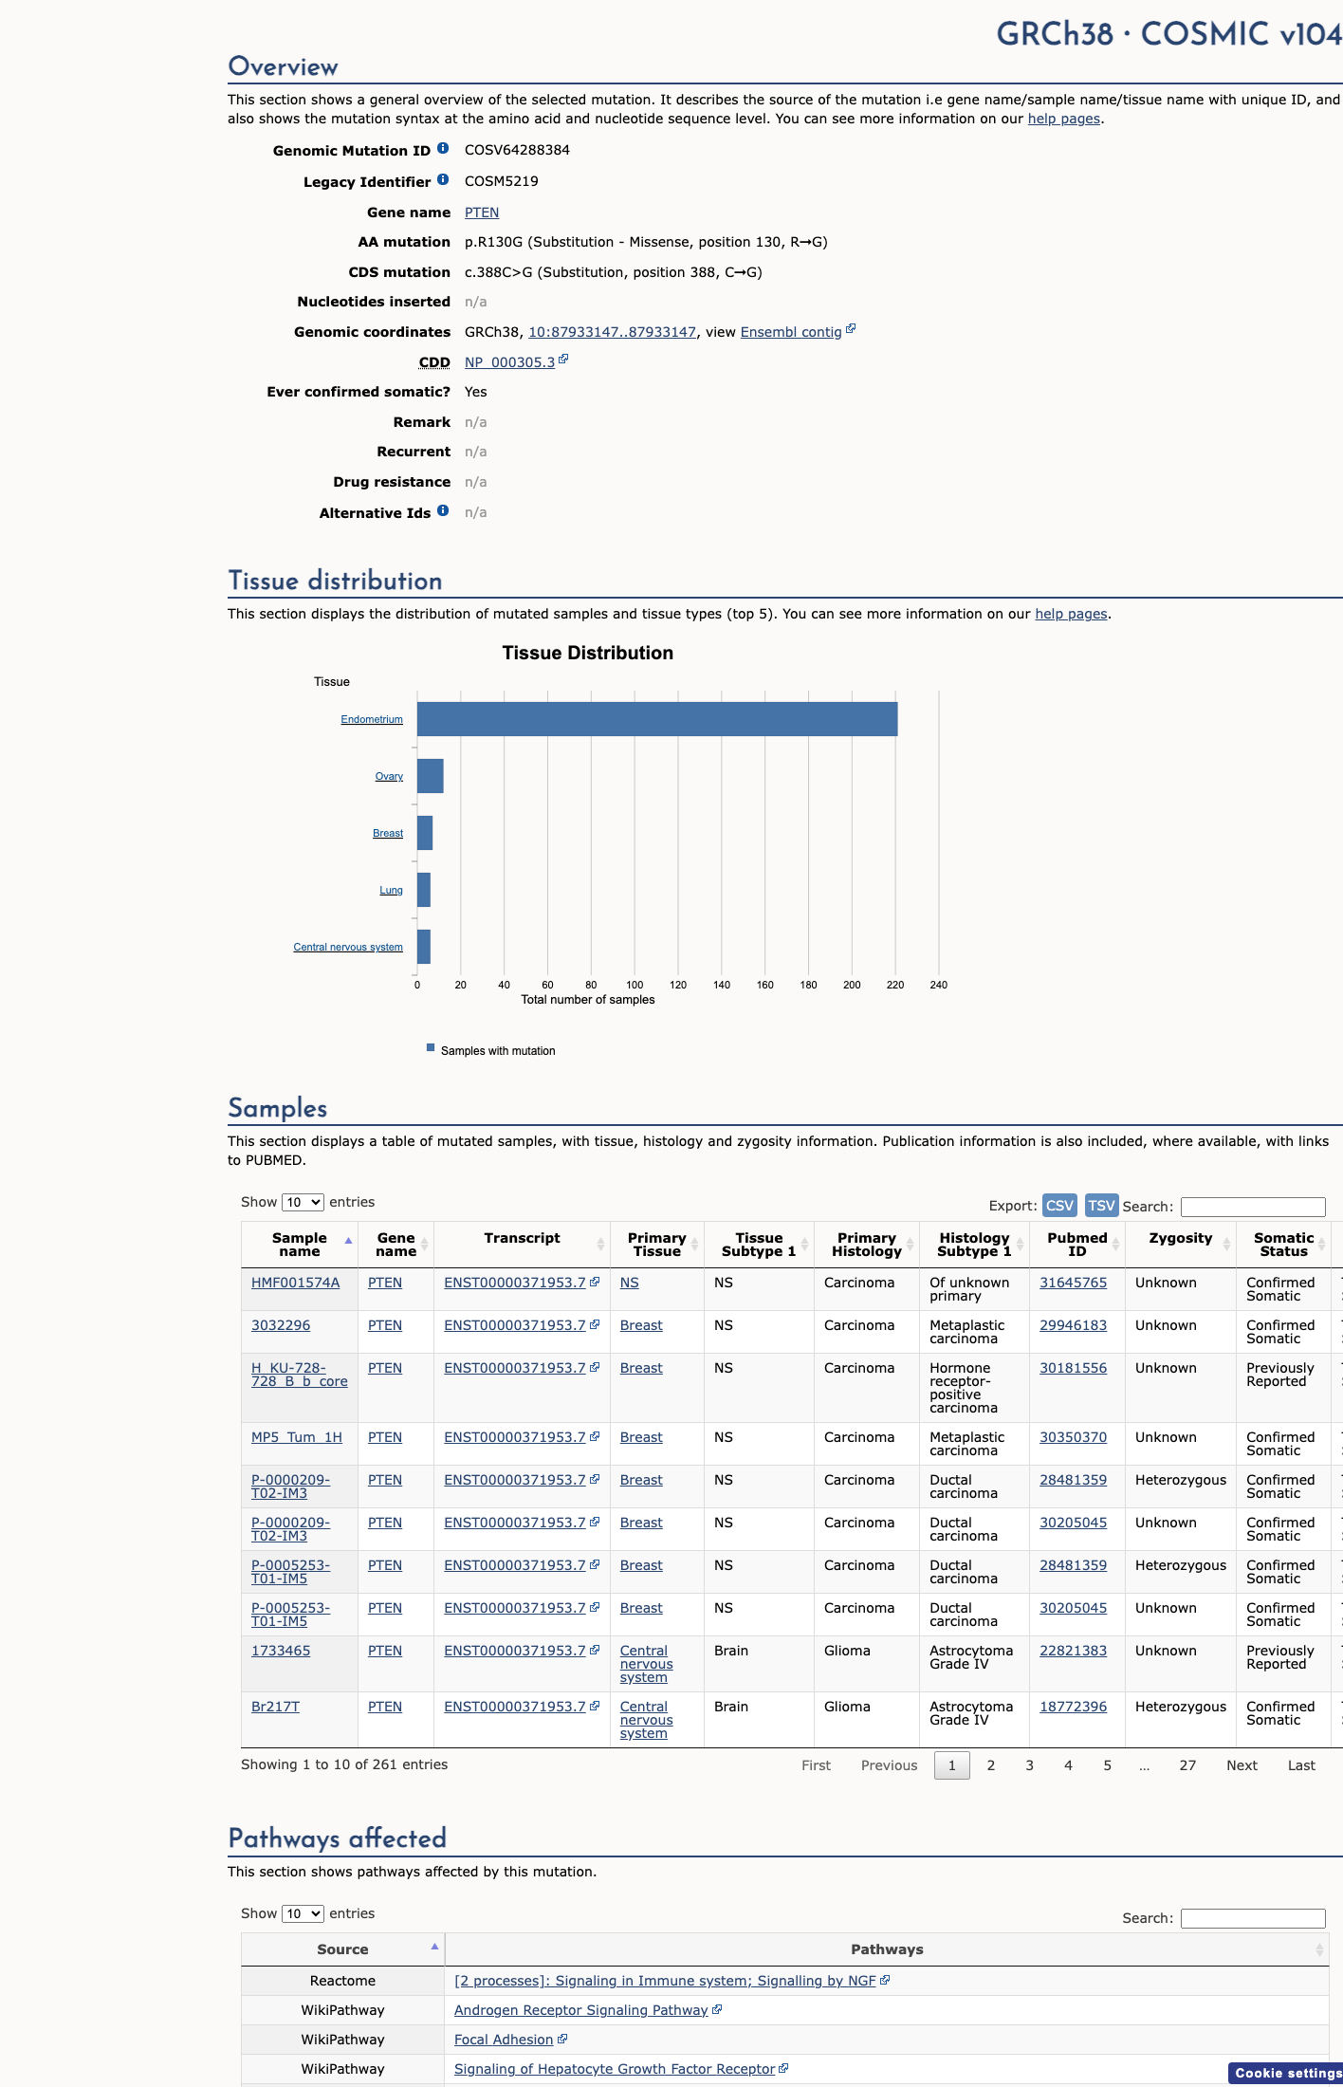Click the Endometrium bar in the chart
click(x=657, y=719)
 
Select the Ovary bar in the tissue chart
click(x=431, y=776)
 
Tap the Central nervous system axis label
click(x=348, y=947)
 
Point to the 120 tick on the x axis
click(x=678, y=985)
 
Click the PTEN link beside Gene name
click(x=482, y=212)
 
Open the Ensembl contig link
click(x=791, y=332)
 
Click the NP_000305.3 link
click(x=509, y=362)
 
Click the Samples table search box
click(x=1253, y=1207)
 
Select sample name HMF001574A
click(x=295, y=1283)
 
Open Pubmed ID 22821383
click(x=1073, y=1651)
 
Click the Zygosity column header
click(x=1180, y=1238)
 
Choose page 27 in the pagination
click(x=1187, y=1765)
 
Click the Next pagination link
click(x=1242, y=1765)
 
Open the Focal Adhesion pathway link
click(x=504, y=2040)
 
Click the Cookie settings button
click(x=1286, y=2073)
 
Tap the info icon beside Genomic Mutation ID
click(x=443, y=149)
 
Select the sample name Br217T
click(x=275, y=1707)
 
